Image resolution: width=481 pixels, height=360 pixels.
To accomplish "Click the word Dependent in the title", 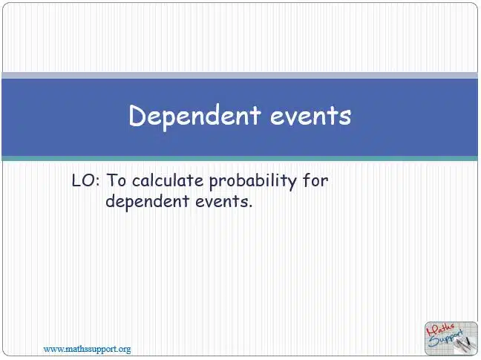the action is [194, 117].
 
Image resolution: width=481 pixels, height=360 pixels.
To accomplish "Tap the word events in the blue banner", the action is [311, 117].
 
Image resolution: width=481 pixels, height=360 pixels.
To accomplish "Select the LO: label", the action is [85, 180].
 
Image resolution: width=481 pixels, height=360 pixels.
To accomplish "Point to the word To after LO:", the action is [117, 180].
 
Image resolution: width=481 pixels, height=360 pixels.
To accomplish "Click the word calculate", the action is [168, 180].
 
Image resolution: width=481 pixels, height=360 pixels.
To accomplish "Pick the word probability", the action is [253, 181].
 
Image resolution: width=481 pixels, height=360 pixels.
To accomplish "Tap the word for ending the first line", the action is [315, 180].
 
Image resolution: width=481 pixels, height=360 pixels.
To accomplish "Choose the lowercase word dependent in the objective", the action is [147, 202].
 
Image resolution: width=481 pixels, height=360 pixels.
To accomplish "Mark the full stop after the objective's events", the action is [250, 206].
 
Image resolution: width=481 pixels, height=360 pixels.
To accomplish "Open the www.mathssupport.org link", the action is [87, 349].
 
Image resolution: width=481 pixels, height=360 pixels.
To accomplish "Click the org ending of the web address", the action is [124, 350].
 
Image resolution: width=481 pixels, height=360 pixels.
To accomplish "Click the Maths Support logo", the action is [451, 338].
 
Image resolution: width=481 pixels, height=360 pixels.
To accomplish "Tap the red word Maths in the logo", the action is [440, 329].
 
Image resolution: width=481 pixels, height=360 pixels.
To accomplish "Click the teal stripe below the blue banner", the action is [240, 158].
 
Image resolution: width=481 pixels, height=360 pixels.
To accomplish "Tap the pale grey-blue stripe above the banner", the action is [240, 76].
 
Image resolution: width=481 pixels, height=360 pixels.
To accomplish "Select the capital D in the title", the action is [137, 115].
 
